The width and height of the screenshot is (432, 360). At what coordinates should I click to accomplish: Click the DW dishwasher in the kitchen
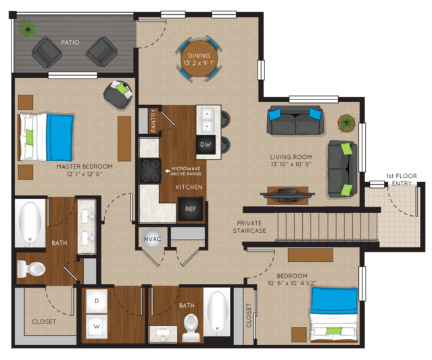(206, 145)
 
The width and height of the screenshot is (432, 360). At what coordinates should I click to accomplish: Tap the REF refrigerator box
(191, 209)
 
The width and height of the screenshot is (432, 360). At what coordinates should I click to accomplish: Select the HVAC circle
(153, 239)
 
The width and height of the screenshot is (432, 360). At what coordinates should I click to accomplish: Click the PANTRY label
(153, 120)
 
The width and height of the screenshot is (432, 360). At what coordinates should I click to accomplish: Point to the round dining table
(199, 59)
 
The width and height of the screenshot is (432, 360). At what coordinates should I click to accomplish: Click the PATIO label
(70, 42)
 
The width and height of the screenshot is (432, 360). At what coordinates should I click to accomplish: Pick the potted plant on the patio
(27, 28)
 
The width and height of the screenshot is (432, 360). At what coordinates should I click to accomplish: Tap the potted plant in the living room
(346, 122)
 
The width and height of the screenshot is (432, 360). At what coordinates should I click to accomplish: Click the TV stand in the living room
(287, 196)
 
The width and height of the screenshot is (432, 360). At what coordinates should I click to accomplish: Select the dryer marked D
(97, 300)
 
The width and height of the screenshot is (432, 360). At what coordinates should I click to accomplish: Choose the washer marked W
(97, 327)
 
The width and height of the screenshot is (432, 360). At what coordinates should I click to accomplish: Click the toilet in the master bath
(31, 269)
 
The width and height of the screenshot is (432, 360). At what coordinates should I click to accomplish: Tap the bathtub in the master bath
(30, 223)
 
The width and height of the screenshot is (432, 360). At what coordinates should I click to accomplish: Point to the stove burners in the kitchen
(151, 171)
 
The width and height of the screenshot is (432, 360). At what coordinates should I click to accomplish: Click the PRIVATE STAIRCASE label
(249, 227)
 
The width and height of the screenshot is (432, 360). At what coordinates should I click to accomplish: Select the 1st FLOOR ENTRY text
(402, 179)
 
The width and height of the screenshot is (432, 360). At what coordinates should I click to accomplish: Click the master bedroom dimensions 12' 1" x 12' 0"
(85, 174)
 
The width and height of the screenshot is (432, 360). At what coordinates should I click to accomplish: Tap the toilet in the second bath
(191, 328)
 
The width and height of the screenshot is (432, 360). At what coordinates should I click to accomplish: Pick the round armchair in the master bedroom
(118, 94)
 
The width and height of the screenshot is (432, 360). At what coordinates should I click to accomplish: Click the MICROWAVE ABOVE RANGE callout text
(186, 171)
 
